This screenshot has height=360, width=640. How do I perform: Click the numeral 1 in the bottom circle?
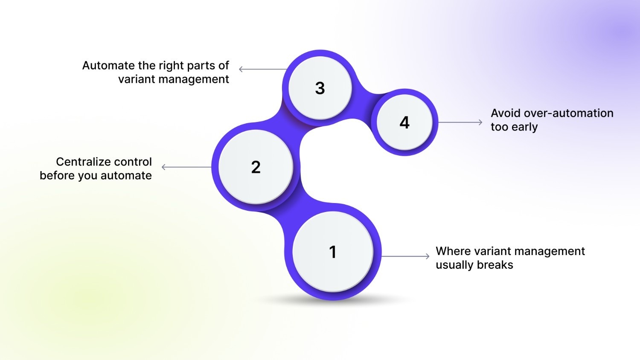coord(333,252)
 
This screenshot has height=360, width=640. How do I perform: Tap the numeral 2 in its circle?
coord(256,167)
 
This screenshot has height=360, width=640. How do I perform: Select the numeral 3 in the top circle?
coord(320,88)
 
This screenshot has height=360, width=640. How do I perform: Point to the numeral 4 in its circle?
coord(404,123)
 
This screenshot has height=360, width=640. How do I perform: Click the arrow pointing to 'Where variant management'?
coord(405,256)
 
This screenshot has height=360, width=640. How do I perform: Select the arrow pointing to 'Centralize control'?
coord(186,167)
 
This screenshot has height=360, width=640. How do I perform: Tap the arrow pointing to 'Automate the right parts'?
coord(262,69)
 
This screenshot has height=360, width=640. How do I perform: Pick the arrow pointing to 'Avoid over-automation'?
coord(460,122)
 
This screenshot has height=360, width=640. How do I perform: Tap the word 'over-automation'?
coord(568,113)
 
